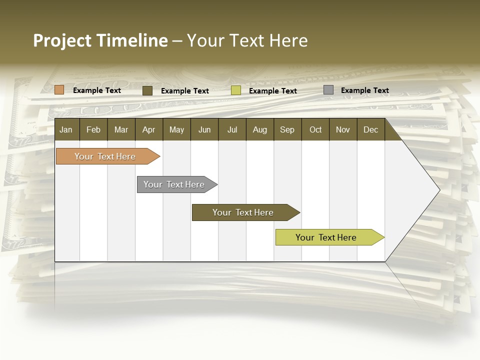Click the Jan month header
66,129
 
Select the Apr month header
149,129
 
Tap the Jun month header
204,129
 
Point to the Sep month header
287,129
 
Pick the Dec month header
371,129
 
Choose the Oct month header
315,129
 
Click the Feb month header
93,129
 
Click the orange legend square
59,90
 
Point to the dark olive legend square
147,90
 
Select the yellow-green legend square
236,90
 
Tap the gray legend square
328,90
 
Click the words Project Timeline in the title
100,40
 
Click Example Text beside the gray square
364,90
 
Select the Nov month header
343,129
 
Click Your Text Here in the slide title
247,40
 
